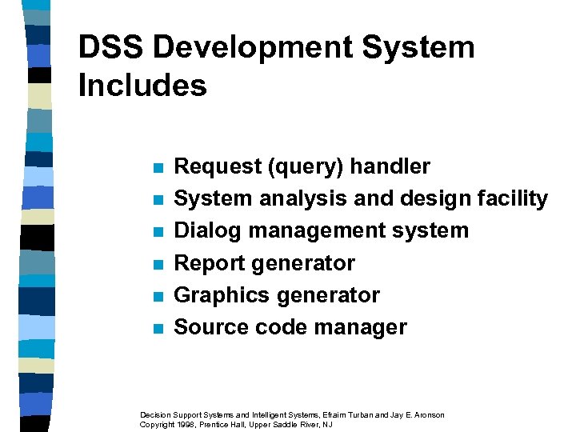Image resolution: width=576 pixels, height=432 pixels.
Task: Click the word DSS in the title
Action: click(x=110, y=48)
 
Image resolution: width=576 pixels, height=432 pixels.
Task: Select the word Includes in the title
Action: click(x=142, y=86)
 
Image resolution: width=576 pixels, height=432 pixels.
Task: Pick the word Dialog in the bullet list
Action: click(x=208, y=230)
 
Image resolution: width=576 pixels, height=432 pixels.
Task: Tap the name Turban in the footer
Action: click(x=360, y=414)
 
